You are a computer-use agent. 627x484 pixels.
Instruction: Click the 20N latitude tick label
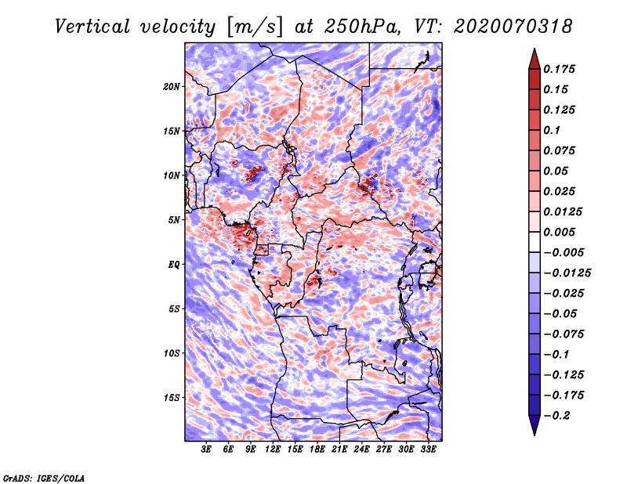tap(172, 86)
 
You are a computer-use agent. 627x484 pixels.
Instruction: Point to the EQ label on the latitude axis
tap(173, 264)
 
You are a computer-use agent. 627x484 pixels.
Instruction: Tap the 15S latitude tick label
tap(172, 397)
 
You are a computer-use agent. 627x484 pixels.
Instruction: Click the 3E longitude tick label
tap(207, 450)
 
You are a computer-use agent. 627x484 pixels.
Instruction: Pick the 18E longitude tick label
tap(317, 450)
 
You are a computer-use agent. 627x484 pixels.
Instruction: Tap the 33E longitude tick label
tap(428, 450)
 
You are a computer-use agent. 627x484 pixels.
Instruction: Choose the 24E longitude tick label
tap(362, 450)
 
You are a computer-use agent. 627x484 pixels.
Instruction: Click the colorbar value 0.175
tap(563, 69)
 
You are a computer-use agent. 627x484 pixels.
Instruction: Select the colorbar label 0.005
tap(563, 232)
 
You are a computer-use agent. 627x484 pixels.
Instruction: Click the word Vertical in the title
tap(92, 26)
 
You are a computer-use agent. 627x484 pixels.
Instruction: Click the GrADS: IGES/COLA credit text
tap(44, 477)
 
